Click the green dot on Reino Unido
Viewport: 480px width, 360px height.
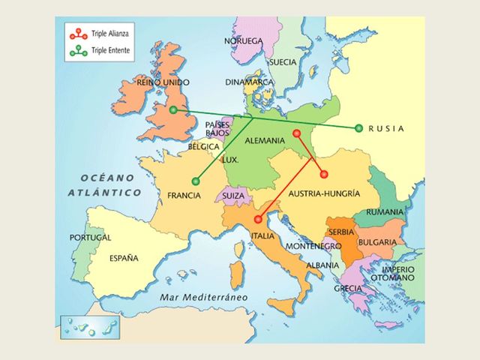(173, 110)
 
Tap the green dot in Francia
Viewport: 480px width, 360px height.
(196, 180)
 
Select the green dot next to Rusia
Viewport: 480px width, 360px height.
(359, 128)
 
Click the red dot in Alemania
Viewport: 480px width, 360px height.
(296, 133)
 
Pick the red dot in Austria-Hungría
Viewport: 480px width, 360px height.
(324, 174)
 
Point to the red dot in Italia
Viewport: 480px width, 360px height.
(258, 219)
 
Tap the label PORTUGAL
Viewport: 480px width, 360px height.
(90, 237)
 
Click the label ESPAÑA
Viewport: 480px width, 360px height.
(124, 258)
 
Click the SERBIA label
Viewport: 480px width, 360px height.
(341, 232)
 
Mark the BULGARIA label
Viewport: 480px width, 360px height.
(377, 242)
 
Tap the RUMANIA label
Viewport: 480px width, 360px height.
(385, 212)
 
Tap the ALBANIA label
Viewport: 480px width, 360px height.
(322, 265)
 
